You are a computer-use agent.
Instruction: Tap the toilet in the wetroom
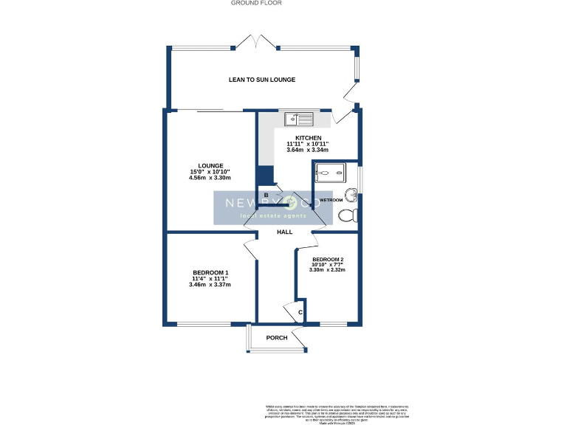pyautogui.click(x=348, y=215)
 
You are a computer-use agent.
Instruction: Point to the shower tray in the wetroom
pyautogui.click(x=330, y=173)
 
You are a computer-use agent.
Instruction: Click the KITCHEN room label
pyautogui.click(x=308, y=138)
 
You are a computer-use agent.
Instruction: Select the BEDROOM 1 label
pyautogui.click(x=210, y=272)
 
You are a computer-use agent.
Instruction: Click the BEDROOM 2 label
pyautogui.click(x=327, y=260)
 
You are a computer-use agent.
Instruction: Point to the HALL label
pyautogui.click(x=284, y=232)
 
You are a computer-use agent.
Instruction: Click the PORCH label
pyautogui.click(x=277, y=338)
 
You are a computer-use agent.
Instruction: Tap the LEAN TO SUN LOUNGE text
pyautogui.click(x=262, y=80)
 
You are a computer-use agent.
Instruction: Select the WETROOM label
pyautogui.click(x=331, y=200)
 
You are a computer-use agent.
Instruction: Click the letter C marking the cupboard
pyautogui.click(x=300, y=314)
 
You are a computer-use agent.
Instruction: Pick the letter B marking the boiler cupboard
pyautogui.click(x=266, y=195)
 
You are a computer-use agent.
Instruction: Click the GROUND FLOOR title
pyautogui.click(x=256, y=3)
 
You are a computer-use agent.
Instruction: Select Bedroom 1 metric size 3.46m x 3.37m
pyautogui.click(x=210, y=285)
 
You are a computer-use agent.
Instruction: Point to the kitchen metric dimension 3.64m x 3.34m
pyautogui.click(x=308, y=151)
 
